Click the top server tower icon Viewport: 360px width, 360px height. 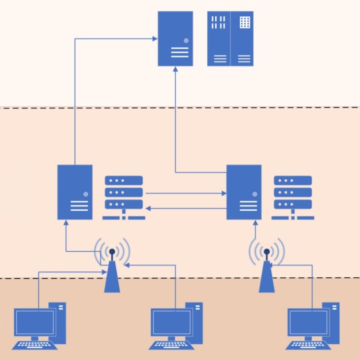(x=175, y=38)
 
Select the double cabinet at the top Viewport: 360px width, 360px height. (x=230, y=38)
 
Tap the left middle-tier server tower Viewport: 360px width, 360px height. (x=75, y=192)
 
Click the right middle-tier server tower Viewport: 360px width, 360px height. (x=244, y=192)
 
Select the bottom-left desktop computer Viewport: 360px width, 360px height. (x=39, y=325)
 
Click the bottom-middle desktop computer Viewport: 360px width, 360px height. (x=176, y=325)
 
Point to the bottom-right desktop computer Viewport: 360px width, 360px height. (x=313, y=325)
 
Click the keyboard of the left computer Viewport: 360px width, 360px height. (x=34, y=345)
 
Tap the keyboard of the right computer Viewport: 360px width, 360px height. (x=308, y=345)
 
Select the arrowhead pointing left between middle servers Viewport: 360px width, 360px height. (x=148, y=209)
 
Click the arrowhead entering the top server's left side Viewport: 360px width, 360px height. (x=155, y=38)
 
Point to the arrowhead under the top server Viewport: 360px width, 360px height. (x=175, y=70)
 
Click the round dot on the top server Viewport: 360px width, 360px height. (x=186, y=40)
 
